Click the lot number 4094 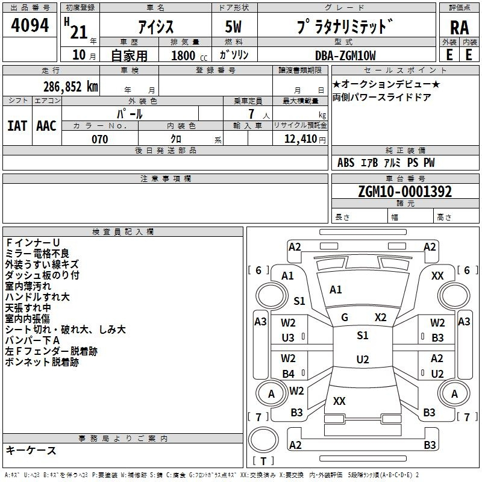click(x=30, y=25)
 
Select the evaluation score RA click(x=459, y=28)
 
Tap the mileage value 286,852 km click(x=70, y=87)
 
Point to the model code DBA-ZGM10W click(x=345, y=55)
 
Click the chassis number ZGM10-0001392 click(x=405, y=192)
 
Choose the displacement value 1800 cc click(x=189, y=55)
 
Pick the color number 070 click(x=100, y=139)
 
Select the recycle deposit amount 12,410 click(x=301, y=139)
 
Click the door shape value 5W click(x=233, y=27)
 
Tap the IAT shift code click(x=17, y=126)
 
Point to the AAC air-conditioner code click(x=46, y=126)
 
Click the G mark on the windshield click(x=345, y=318)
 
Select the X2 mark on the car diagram click(x=381, y=318)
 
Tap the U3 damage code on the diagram click(x=288, y=338)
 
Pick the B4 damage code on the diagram click(x=288, y=374)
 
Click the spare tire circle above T click(x=263, y=440)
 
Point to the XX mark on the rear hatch click(x=339, y=401)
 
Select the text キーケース click(x=31, y=450)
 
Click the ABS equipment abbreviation click(x=346, y=163)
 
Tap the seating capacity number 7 click(x=251, y=114)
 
